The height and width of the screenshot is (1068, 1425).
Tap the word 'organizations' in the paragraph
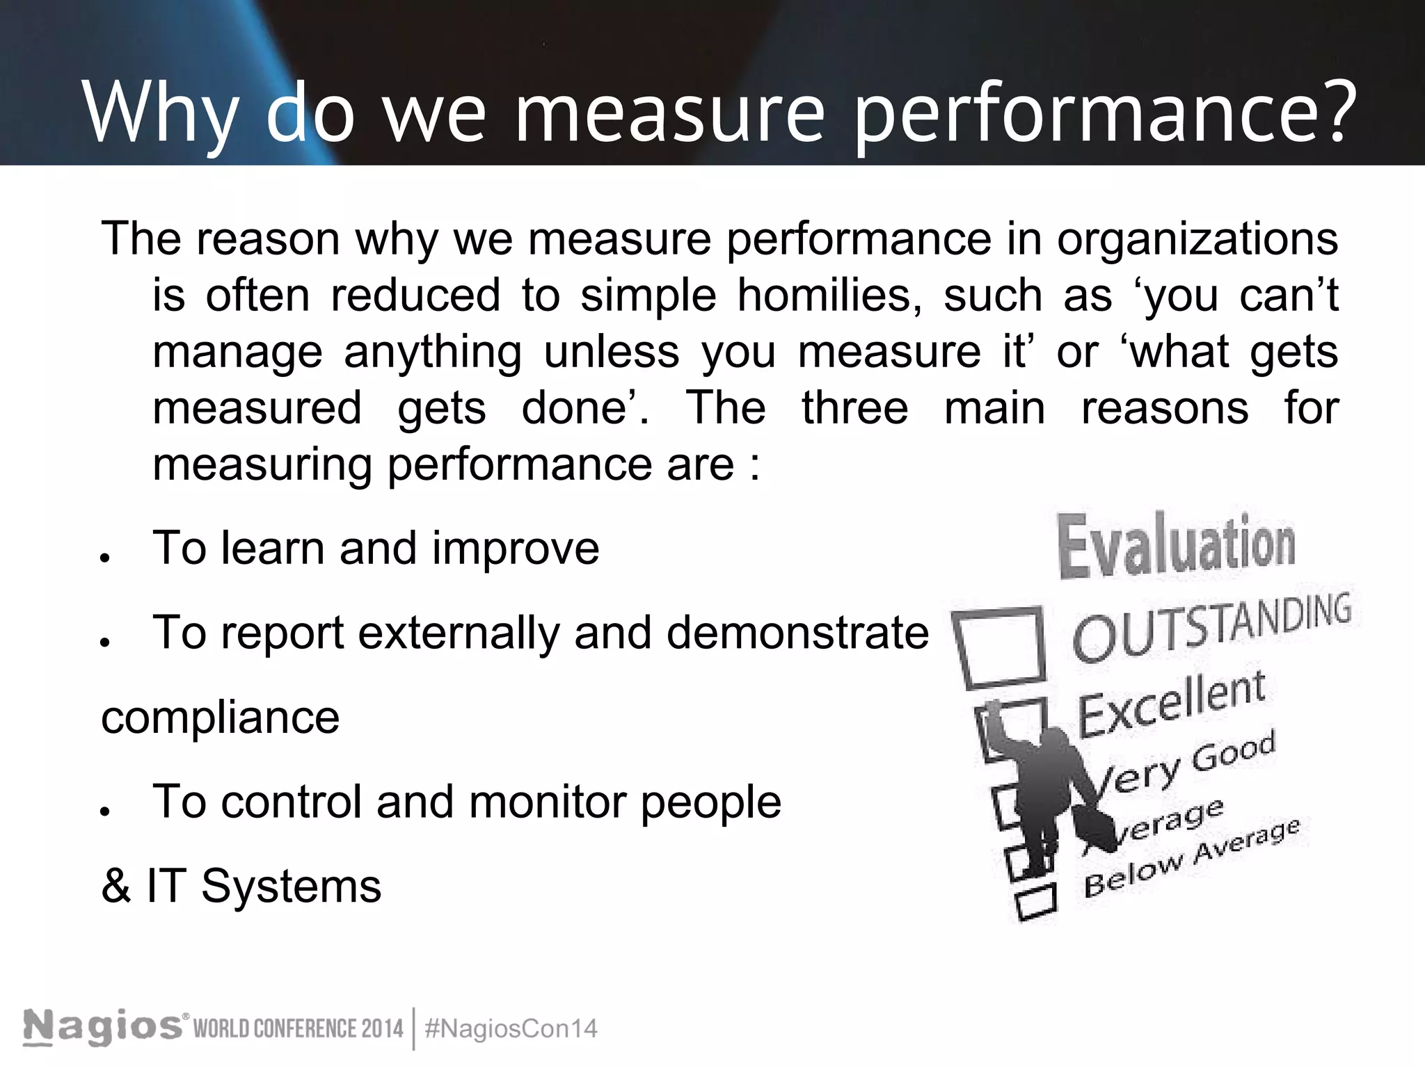tap(1197, 239)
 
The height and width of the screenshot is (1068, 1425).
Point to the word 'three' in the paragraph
tap(854, 408)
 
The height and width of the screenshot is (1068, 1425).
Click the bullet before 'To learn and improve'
tap(105, 558)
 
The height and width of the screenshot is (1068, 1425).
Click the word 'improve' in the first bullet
tap(515, 549)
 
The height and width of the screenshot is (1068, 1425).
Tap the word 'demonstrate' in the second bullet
tap(797, 633)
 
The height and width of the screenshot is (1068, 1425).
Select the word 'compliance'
tap(221, 718)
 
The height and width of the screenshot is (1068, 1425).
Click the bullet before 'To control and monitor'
tap(105, 811)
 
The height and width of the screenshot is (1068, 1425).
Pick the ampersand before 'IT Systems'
tap(116, 887)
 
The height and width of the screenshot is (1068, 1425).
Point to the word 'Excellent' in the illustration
tap(1171, 705)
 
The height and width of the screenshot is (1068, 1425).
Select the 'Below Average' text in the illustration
tap(1190, 859)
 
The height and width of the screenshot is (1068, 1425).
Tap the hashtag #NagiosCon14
tap(510, 1028)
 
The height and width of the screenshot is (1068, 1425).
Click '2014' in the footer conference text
tap(383, 1028)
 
